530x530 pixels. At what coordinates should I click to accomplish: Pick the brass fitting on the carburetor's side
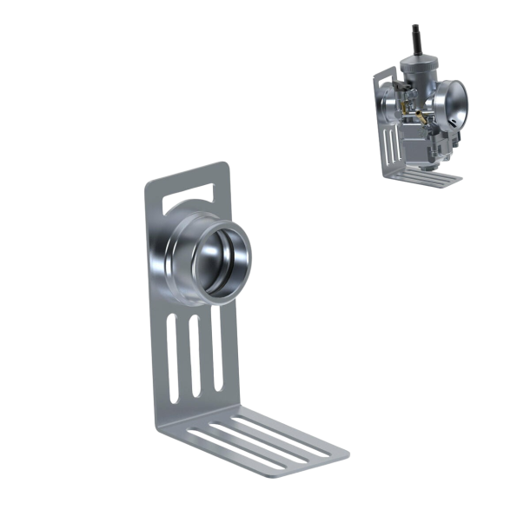(x=419, y=115)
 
